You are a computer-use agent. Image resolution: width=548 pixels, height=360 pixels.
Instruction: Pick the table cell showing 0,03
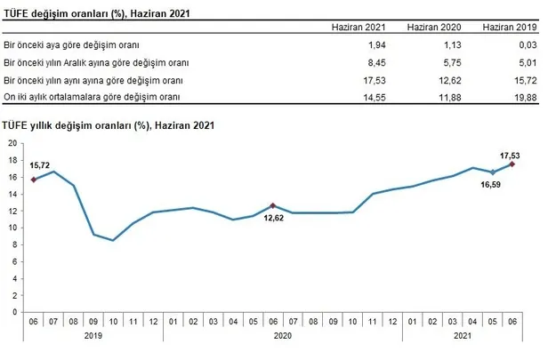point(528,44)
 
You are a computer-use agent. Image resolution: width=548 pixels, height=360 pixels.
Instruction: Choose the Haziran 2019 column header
point(510,28)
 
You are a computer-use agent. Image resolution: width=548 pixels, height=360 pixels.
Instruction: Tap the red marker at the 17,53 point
point(512,164)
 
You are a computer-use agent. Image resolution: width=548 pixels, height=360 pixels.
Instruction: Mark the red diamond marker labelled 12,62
point(272,205)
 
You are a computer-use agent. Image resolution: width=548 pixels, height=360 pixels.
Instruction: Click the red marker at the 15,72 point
point(33,180)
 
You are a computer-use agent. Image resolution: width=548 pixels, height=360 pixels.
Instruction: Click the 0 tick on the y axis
point(16,312)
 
